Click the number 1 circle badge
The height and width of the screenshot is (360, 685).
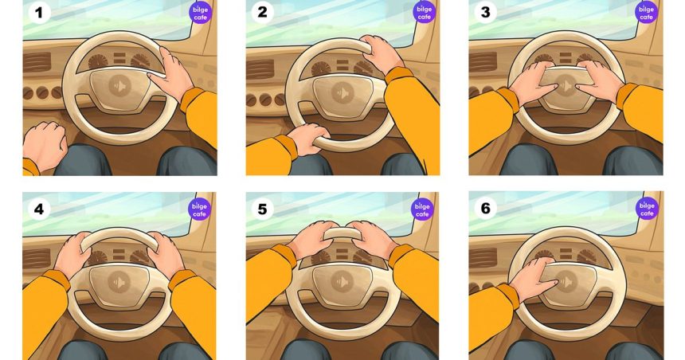coord(39,12)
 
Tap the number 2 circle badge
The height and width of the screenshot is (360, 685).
coord(262,12)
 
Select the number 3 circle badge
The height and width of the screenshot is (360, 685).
coord(485,12)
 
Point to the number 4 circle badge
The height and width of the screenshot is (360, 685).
coord(39,209)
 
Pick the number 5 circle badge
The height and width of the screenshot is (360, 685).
coord(262,209)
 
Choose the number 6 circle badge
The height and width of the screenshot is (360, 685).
coord(485,209)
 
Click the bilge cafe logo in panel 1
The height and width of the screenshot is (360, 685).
coord(201,13)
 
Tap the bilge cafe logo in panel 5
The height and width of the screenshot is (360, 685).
coord(422,209)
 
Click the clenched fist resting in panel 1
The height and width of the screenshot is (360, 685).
coord(45,144)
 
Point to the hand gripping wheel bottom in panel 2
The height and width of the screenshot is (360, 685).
coord(309,138)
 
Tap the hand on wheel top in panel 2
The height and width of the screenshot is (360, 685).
coord(381,53)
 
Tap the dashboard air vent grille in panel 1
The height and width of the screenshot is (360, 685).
coord(37,62)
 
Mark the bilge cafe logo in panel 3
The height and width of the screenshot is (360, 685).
coord(646,13)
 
